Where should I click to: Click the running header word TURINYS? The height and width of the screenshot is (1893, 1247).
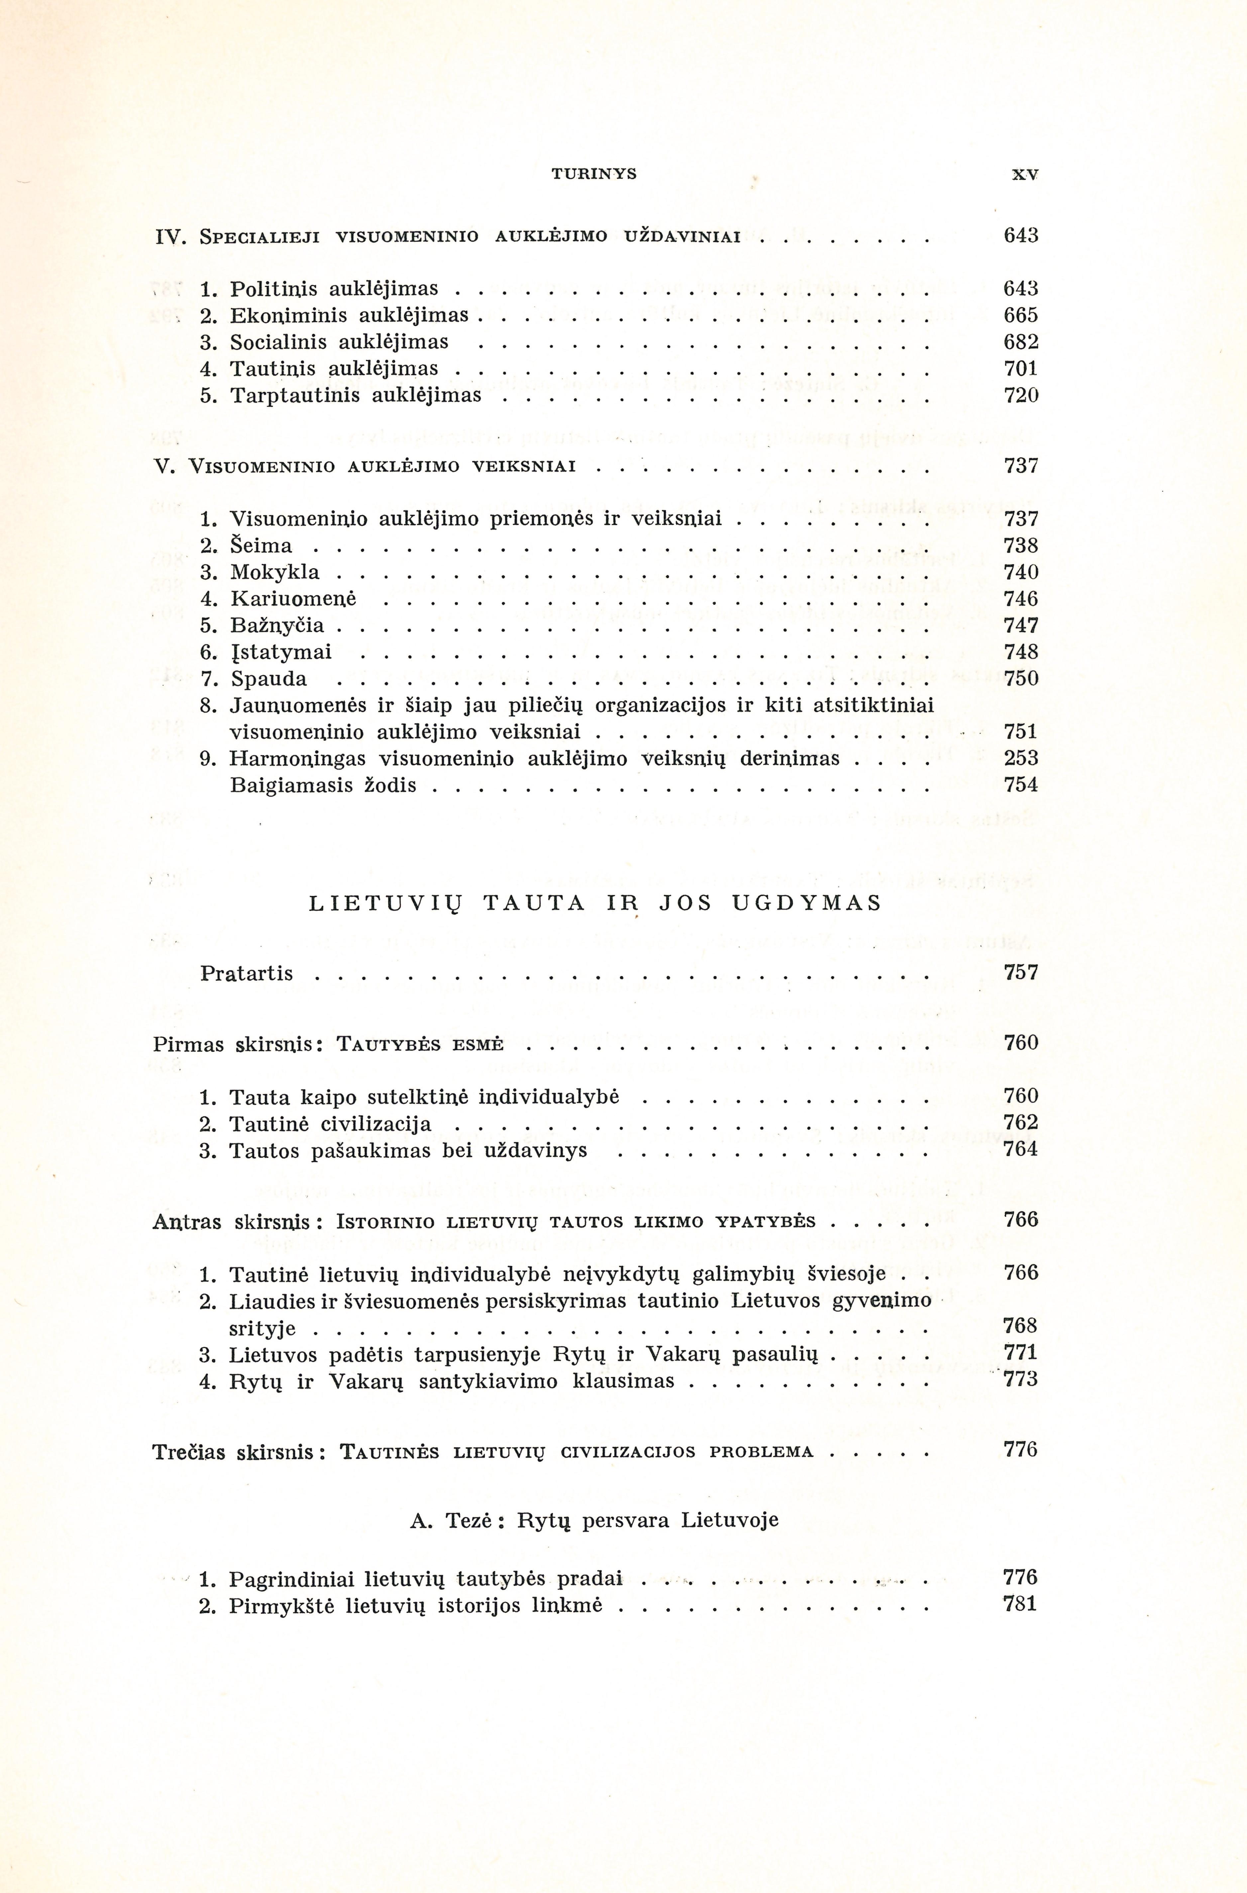coord(594,174)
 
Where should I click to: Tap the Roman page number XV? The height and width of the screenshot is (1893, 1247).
coord(1025,175)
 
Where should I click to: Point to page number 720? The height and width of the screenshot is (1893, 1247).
coord(1021,395)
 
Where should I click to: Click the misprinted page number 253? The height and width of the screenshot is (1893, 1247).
coord(1021,758)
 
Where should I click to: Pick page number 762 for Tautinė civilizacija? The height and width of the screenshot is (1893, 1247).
coord(1021,1122)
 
